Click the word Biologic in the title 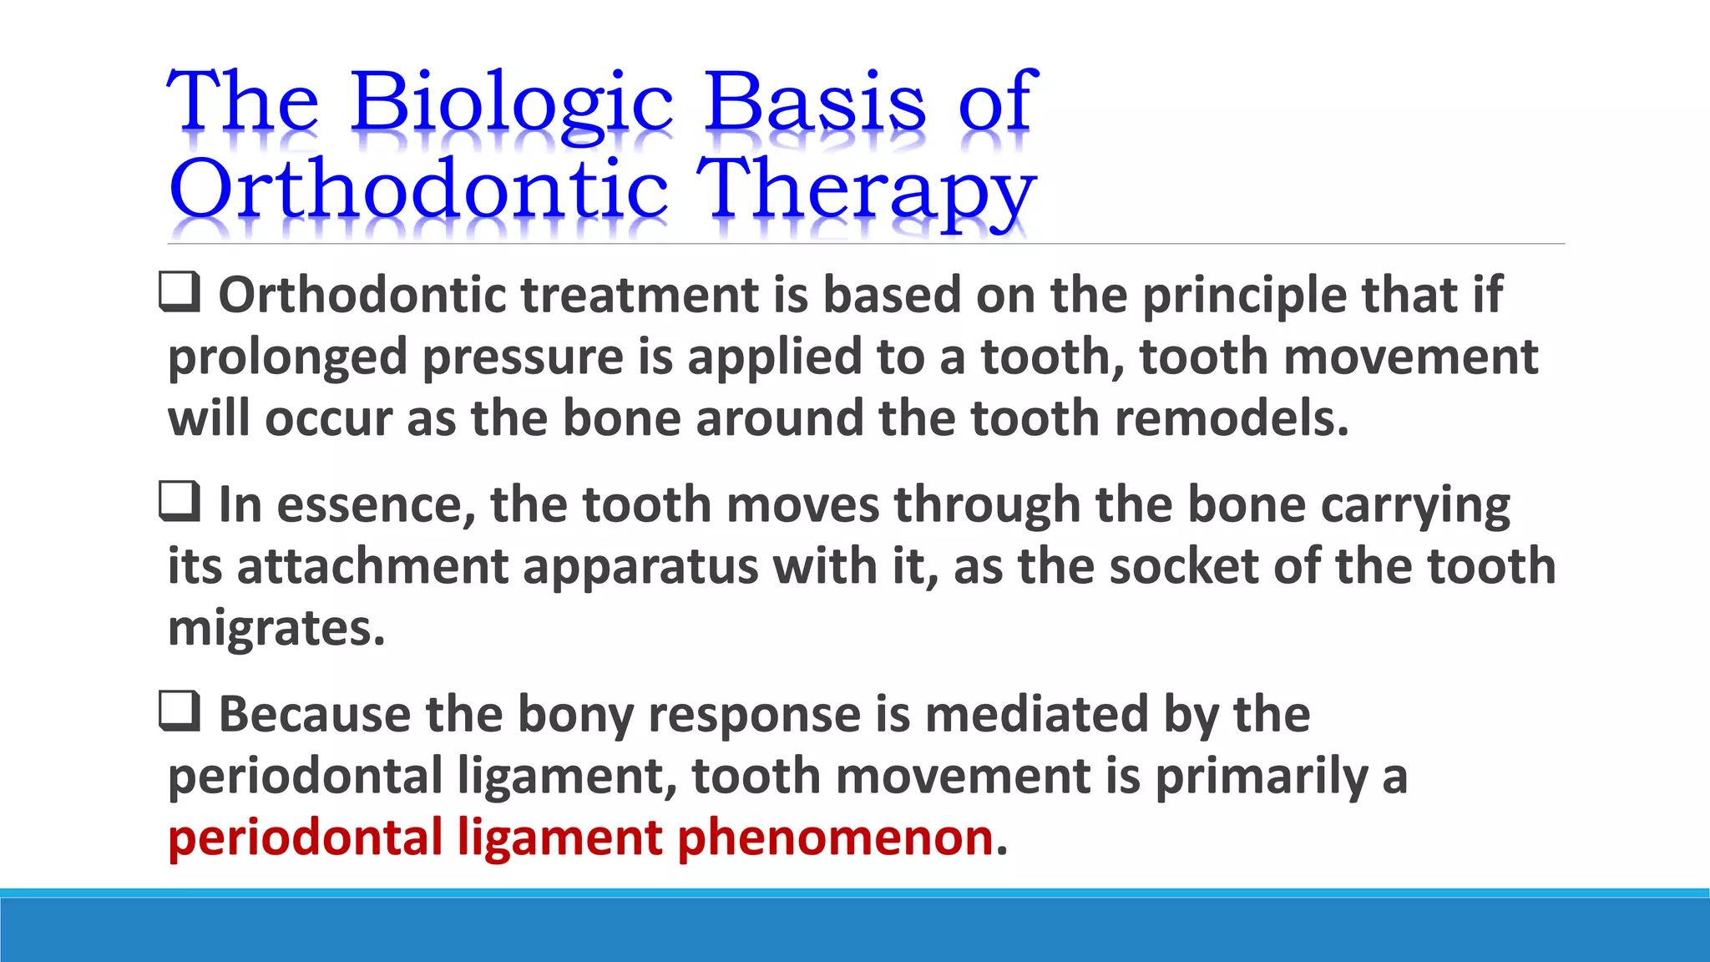coord(511,102)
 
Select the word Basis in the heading coord(814,102)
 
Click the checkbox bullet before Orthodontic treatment coord(180,292)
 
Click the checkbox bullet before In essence coord(180,502)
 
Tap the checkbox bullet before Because coord(180,711)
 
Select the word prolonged coord(287,357)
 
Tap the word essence coord(376,506)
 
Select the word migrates coord(276,629)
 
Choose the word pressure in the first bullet coord(523,357)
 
